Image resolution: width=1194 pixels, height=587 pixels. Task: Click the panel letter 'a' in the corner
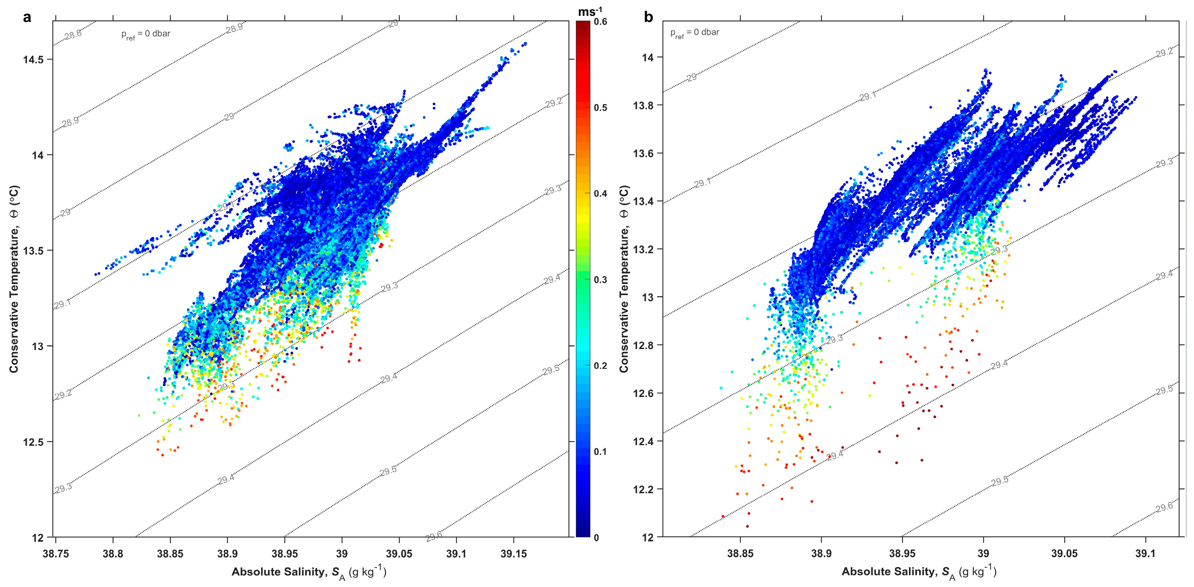click(x=27, y=17)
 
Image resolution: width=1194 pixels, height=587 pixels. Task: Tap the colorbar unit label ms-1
click(x=590, y=11)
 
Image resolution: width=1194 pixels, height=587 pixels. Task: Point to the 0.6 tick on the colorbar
click(x=600, y=22)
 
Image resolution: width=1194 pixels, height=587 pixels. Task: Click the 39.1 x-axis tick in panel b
click(x=1145, y=554)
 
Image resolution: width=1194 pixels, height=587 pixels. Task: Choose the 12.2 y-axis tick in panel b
click(x=645, y=490)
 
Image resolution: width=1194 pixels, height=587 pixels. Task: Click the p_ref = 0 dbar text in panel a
click(x=145, y=34)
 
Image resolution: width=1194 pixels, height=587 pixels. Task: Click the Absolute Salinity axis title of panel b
click(x=919, y=572)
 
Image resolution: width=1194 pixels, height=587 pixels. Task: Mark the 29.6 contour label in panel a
click(x=434, y=537)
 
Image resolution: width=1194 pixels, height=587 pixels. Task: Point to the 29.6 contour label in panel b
click(x=1164, y=507)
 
